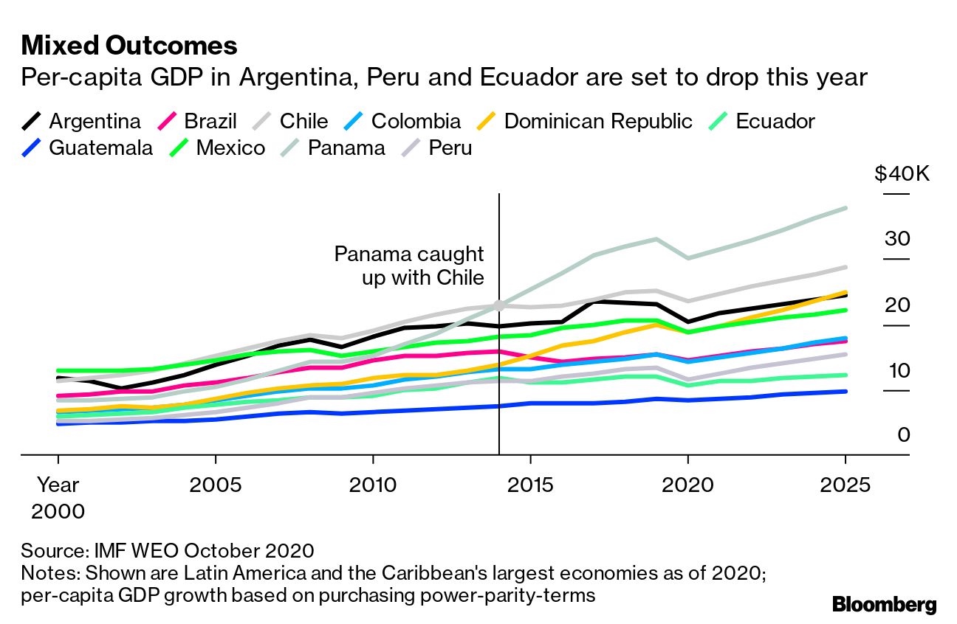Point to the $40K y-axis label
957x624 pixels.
pyautogui.click(x=902, y=174)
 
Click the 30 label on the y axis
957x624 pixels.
pyautogui.click(x=898, y=239)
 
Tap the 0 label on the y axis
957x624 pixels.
pyautogui.click(x=904, y=435)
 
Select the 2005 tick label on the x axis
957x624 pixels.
pyautogui.click(x=216, y=485)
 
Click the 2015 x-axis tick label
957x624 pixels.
pyautogui.click(x=530, y=485)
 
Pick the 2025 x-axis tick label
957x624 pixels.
pyautogui.click(x=845, y=485)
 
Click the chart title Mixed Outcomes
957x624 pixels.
pyautogui.click(x=129, y=46)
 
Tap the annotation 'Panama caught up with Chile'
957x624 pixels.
pyautogui.click(x=410, y=266)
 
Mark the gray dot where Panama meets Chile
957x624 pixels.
pyautogui.click(x=499, y=305)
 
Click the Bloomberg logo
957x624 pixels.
pyautogui.click(x=884, y=605)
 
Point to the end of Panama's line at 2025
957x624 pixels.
pyautogui.click(x=845, y=208)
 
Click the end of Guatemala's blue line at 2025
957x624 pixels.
pyautogui.click(x=845, y=391)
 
